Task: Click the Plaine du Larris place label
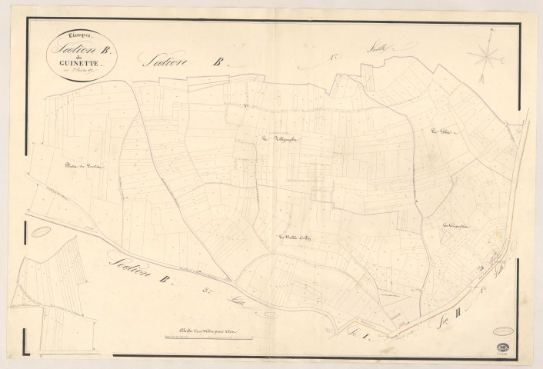click(x=84, y=166)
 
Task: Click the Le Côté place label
click(x=444, y=132)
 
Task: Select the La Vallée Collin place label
click(x=293, y=237)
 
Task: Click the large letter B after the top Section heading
click(x=218, y=65)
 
